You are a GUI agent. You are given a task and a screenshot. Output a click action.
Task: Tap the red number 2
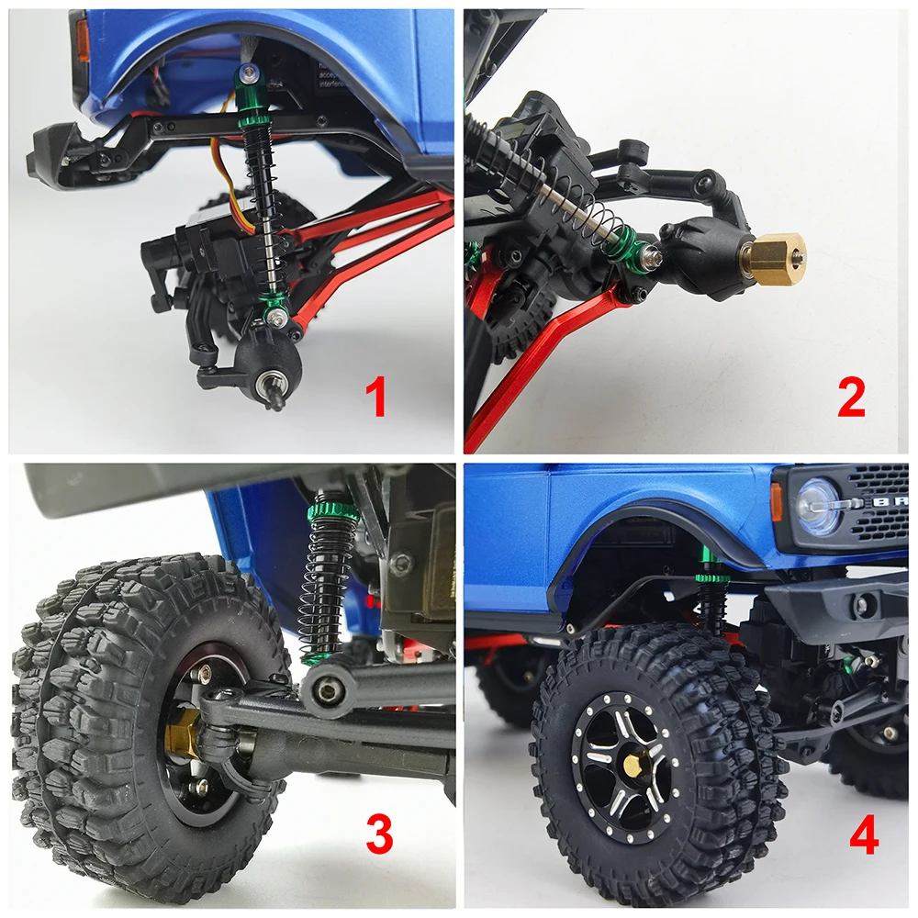[851, 398]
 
